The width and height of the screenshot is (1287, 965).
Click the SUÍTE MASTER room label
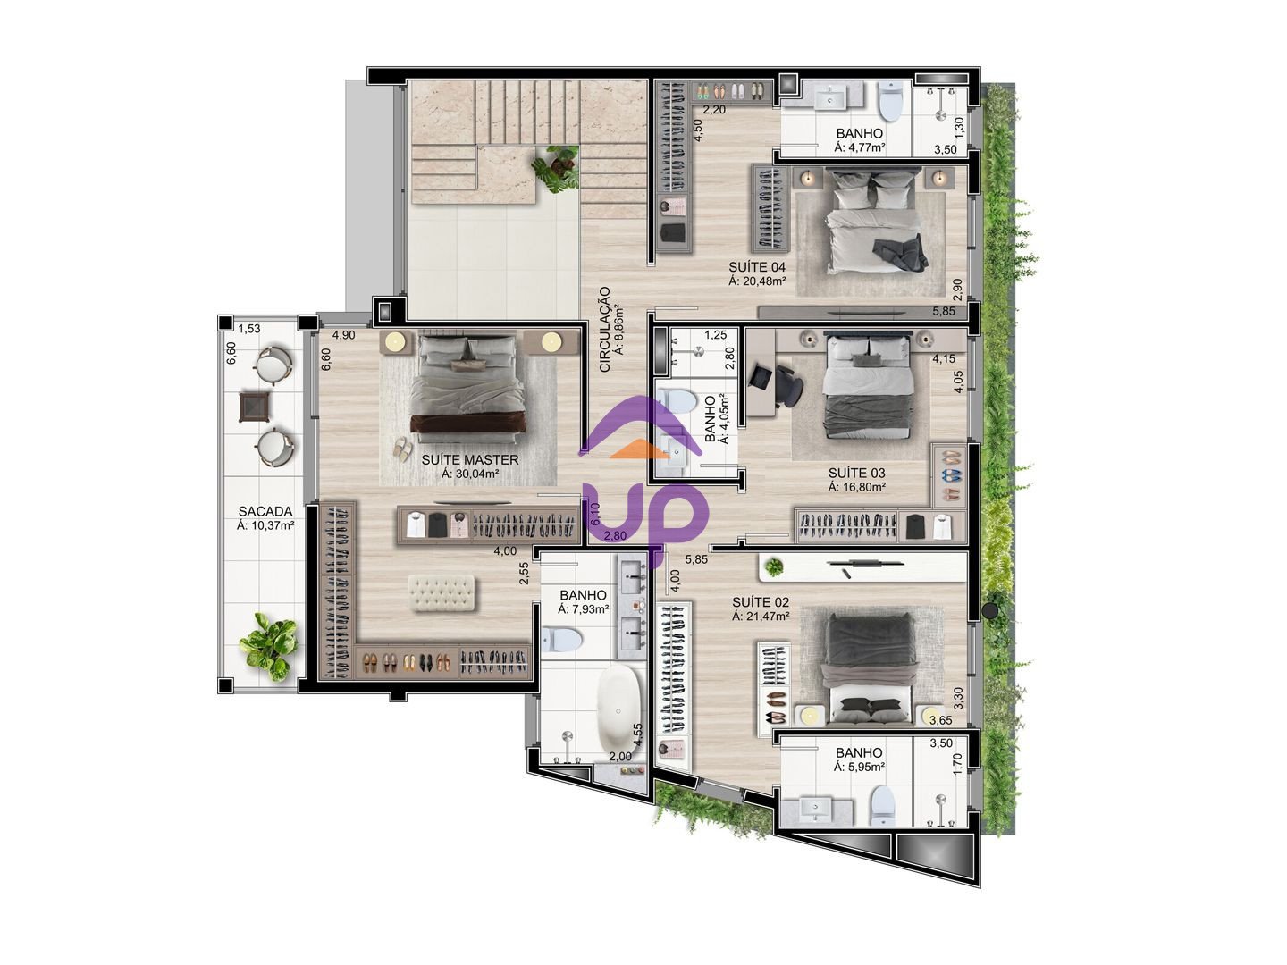click(x=469, y=460)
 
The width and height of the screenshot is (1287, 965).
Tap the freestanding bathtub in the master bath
click(x=618, y=709)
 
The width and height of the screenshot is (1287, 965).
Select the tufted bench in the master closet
click(x=442, y=593)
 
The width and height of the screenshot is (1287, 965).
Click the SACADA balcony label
click(x=265, y=511)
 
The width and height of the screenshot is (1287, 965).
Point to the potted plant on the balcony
click(x=268, y=646)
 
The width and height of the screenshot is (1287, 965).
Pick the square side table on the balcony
click(x=255, y=407)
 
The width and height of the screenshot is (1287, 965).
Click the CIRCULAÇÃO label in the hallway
click(x=605, y=330)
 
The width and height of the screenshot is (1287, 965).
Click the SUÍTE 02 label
click(x=761, y=601)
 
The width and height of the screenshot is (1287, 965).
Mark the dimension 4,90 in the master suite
click(x=343, y=335)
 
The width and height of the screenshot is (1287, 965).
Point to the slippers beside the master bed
click(x=401, y=449)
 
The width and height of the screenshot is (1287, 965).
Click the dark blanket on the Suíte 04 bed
click(x=899, y=253)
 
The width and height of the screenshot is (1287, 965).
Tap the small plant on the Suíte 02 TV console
click(x=774, y=566)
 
